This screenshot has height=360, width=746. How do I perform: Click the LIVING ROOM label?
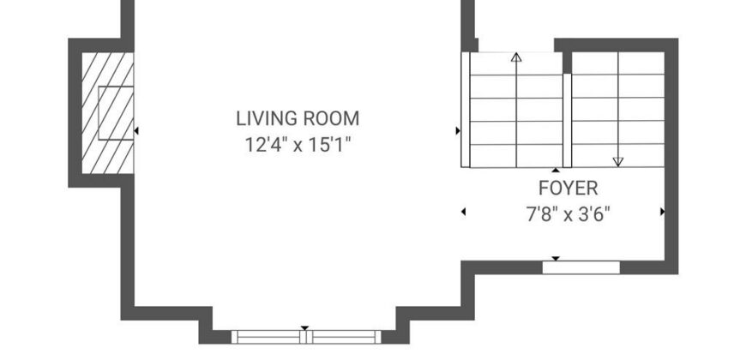(x=298, y=118)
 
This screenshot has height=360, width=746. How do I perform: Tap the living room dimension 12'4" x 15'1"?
(x=298, y=145)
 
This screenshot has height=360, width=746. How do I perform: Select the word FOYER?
(x=568, y=189)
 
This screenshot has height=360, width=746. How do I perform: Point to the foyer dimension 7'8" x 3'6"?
(x=568, y=214)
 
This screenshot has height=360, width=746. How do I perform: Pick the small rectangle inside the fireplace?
(x=116, y=113)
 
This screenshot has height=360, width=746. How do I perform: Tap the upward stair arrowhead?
(x=516, y=57)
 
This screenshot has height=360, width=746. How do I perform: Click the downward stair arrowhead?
(x=618, y=162)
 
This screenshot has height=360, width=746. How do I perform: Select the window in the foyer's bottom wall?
(x=581, y=267)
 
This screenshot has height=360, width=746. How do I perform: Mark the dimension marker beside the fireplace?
(x=136, y=130)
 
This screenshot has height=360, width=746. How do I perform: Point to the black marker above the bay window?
(x=304, y=328)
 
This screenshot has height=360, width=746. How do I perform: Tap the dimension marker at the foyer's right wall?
(x=662, y=212)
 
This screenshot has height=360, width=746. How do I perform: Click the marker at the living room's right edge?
(x=458, y=131)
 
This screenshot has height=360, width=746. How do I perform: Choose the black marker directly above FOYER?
(x=556, y=170)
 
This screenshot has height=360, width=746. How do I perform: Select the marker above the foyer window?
(x=556, y=259)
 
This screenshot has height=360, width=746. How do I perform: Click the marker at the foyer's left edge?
(x=463, y=212)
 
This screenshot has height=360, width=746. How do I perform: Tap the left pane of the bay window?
(x=268, y=337)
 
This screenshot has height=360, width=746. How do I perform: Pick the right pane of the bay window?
(x=344, y=337)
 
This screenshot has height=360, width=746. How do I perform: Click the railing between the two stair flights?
(x=567, y=120)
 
